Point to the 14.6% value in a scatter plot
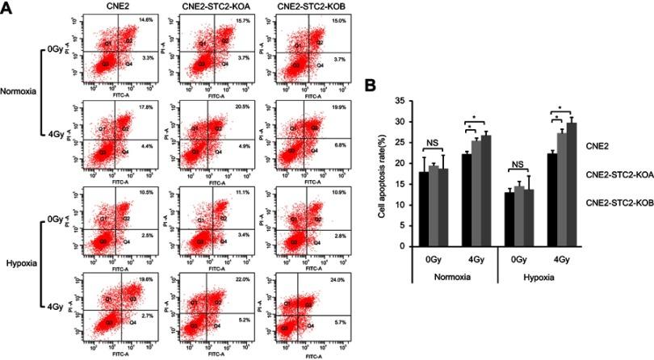click(146, 19)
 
